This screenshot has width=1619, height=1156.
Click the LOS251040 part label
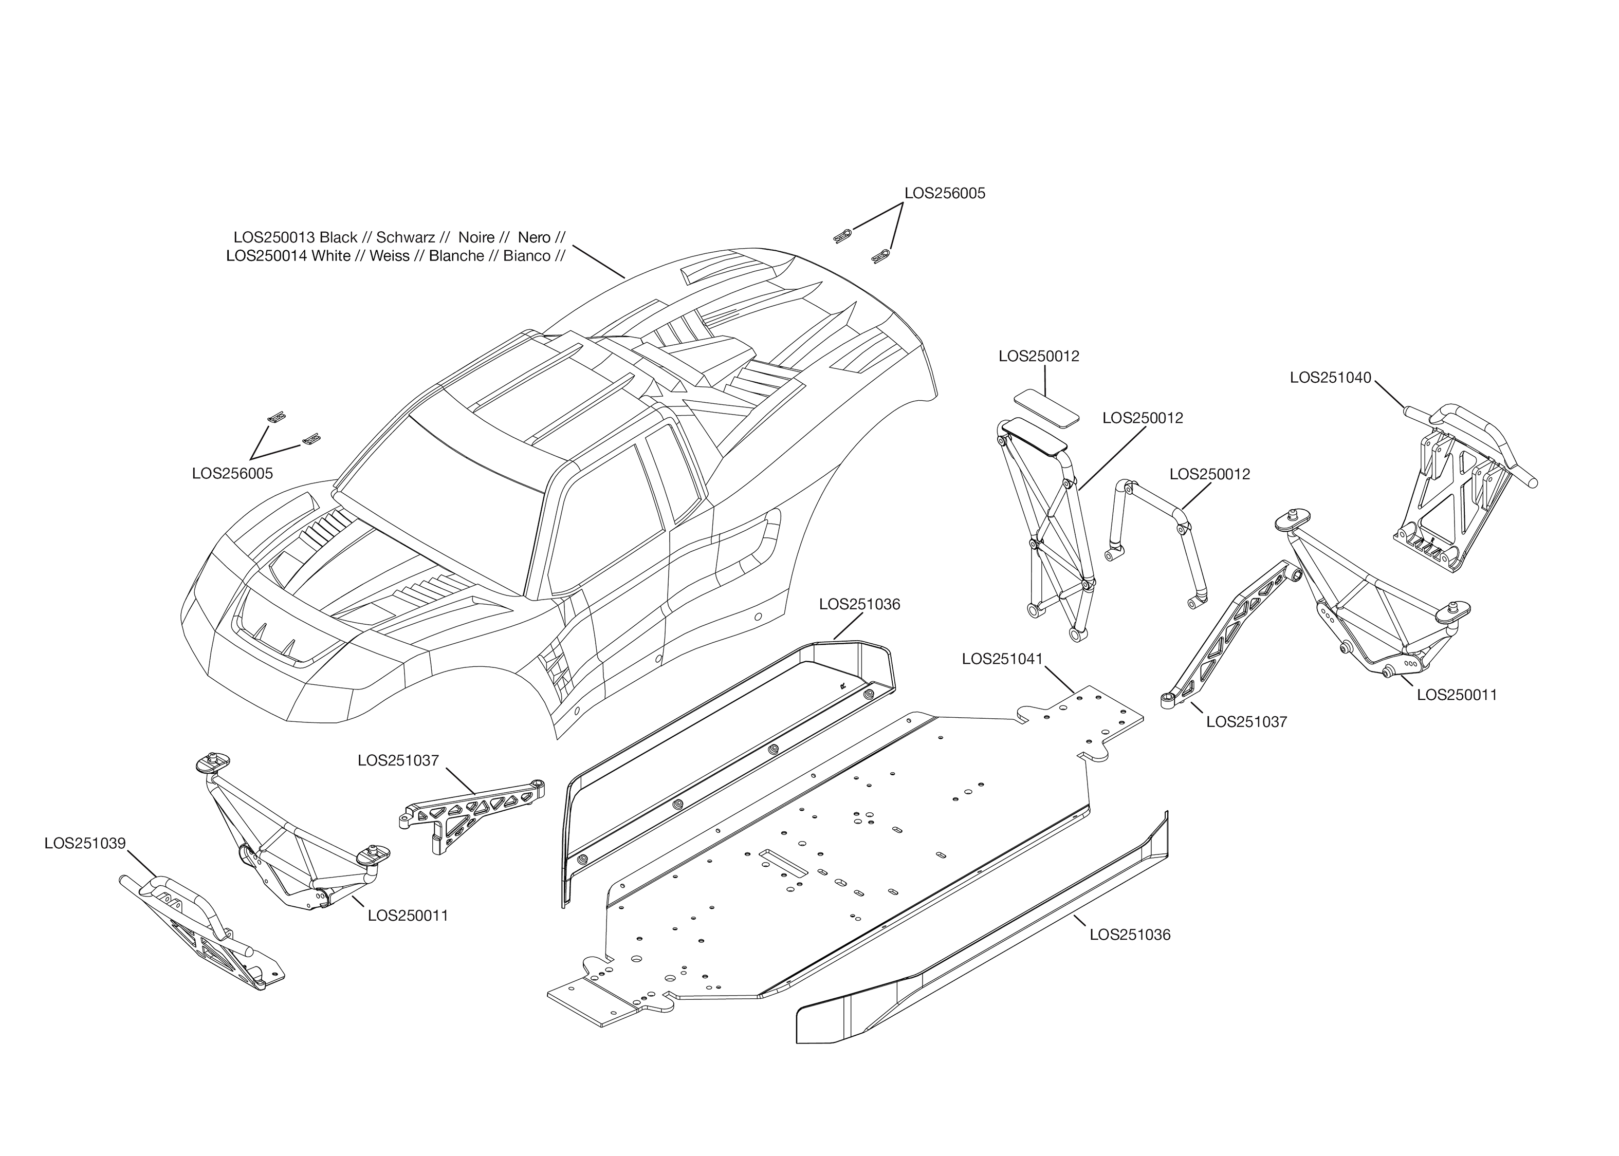coord(1330,378)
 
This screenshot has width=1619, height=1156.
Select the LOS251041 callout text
coord(1002,659)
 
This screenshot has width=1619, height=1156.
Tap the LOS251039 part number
coord(85,844)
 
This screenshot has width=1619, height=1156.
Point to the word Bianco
coord(527,256)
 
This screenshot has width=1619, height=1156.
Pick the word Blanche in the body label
coord(456,256)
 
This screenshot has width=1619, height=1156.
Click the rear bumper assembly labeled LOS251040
coord(1460,498)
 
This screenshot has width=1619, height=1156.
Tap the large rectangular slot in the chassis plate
coord(783,861)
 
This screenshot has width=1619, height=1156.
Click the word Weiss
coord(390,256)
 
